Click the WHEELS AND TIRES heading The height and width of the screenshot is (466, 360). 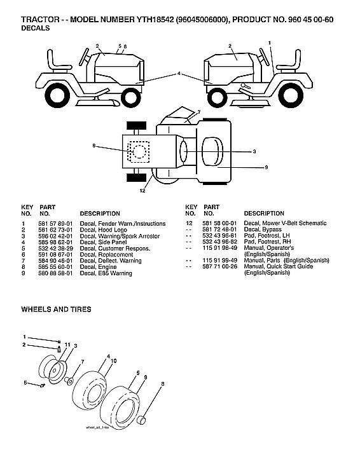(56, 310)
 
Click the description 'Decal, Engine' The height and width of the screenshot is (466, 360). (99, 268)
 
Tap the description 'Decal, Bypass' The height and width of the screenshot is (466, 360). (263, 230)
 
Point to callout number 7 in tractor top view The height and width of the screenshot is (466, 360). (198, 112)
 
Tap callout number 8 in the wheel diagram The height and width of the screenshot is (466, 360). (162, 384)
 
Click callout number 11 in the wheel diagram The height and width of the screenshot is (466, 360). (67, 344)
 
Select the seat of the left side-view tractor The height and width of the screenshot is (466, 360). (60, 64)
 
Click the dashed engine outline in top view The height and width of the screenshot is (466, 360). (138, 151)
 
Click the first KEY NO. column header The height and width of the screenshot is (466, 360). (27, 210)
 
